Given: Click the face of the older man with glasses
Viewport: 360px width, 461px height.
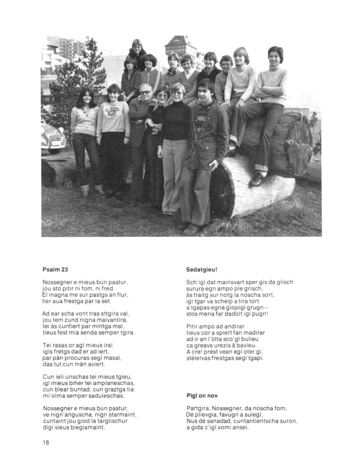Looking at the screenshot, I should (145, 94).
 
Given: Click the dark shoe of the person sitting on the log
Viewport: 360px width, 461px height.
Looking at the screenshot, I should (257, 180).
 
